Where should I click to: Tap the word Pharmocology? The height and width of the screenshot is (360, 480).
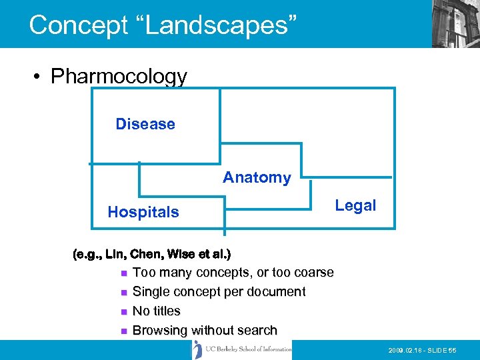[x=119, y=77]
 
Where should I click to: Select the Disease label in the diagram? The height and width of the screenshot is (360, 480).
[x=145, y=124]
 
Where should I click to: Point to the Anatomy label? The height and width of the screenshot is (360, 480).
[x=257, y=177]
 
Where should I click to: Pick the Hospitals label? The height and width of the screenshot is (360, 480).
[x=143, y=212]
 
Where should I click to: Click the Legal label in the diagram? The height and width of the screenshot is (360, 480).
[x=355, y=205]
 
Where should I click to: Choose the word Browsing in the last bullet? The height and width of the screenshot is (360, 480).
[x=160, y=330]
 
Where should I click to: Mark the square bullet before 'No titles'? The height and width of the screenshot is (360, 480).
[x=123, y=311]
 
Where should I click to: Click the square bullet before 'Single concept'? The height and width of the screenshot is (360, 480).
[x=123, y=292]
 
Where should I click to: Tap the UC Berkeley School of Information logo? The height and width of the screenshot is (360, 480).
[x=243, y=349]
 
